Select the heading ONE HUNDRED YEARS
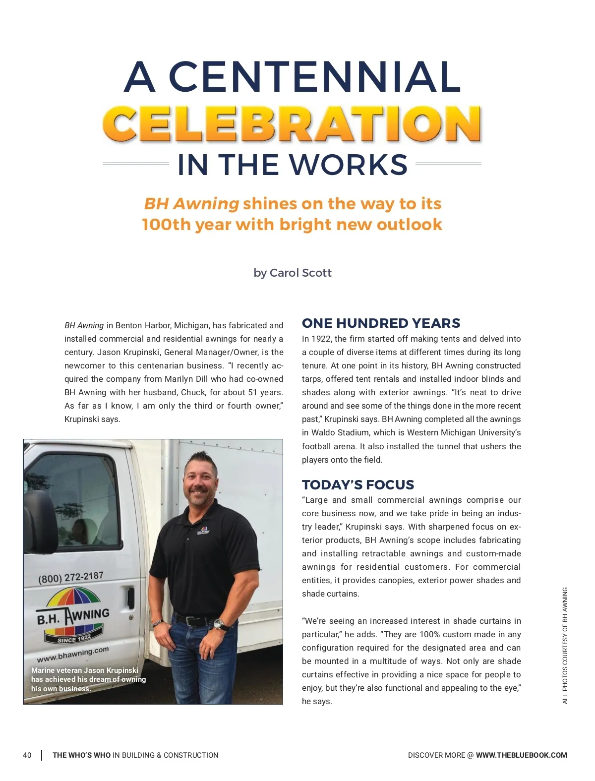[x=381, y=323]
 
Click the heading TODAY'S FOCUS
[x=358, y=484]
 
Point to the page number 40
[x=27, y=755]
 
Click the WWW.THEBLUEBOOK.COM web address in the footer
[x=521, y=755]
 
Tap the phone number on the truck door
[x=70, y=577]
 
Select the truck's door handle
[x=130, y=597]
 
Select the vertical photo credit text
[x=565, y=645]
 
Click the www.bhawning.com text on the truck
[x=72, y=655]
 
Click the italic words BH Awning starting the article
[x=84, y=325]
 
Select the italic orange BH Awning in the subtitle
[x=191, y=204]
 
